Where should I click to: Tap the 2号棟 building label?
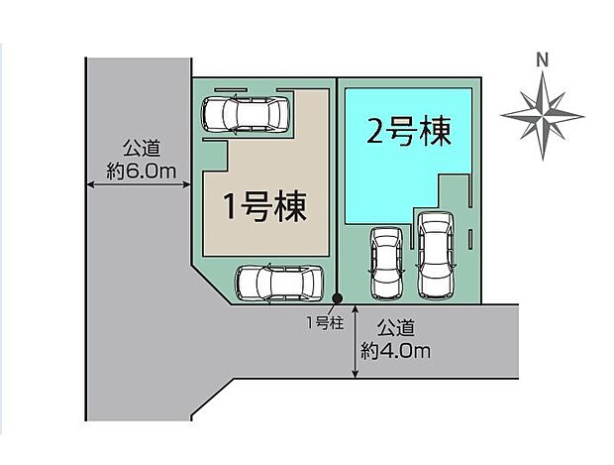[408, 132]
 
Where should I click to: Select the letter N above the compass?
[541, 60]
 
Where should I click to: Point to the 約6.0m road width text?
[141, 173]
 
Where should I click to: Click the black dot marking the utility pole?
[337, 297]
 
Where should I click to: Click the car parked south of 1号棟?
[279, 283]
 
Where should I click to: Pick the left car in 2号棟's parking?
[385, 263]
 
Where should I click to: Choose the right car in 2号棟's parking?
[433, 255]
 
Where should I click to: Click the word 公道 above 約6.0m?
[141, 150]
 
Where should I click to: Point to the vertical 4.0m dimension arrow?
[355, 341]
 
